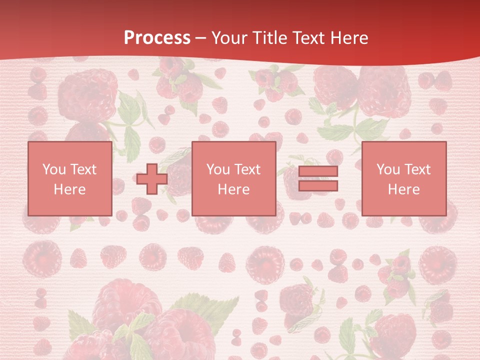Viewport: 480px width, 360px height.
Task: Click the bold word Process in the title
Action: [157, 38]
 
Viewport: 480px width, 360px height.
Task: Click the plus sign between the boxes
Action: [152, 179]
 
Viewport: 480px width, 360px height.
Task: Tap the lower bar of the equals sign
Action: [318, 186]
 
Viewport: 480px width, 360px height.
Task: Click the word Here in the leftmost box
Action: [69, 189]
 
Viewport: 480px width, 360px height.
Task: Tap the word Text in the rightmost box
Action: [417, 169]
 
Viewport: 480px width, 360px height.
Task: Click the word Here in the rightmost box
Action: [403, 189]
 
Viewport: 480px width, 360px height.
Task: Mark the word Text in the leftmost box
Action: [83, 169]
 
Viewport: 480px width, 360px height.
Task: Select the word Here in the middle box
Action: [233, 189]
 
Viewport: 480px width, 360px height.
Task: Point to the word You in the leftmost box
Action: [54, 169]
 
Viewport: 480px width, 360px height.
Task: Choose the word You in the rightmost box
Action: [388, 169]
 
